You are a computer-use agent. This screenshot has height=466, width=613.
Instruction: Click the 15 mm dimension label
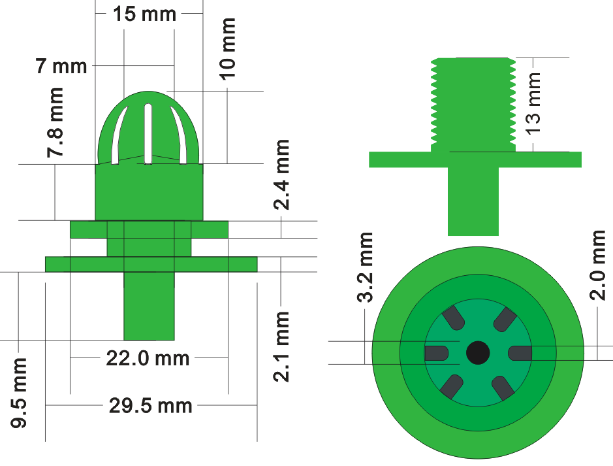(145, 14)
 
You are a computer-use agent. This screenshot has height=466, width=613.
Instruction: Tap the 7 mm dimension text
(61, 66)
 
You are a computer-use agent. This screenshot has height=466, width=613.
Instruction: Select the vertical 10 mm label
(228, 49)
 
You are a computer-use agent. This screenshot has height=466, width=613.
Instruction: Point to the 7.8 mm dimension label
(55, 123)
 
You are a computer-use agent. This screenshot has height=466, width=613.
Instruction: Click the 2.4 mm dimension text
(281, 175)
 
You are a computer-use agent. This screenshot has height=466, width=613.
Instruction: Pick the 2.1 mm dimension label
(281, 346)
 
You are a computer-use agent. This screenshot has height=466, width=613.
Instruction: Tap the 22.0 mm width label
(148, 358)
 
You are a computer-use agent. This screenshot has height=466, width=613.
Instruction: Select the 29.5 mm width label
(151, 405)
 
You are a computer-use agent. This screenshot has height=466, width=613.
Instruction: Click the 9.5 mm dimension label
(19, 393)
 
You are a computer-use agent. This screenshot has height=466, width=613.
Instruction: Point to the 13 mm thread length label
(533, 104)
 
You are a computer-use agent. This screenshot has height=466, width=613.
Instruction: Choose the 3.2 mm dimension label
(365, 267)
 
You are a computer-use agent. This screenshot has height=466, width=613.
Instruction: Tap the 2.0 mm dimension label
(597, 265)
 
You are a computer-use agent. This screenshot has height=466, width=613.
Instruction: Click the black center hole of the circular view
(478, 352)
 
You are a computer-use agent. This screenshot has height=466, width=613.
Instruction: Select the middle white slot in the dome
(148, 133)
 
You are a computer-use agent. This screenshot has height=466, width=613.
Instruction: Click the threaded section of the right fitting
(473, 105)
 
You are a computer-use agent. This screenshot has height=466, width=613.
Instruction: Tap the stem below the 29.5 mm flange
(149, 306)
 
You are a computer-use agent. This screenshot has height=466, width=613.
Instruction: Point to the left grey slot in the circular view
(436, 353)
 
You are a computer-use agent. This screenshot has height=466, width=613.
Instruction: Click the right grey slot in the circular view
(520, 353)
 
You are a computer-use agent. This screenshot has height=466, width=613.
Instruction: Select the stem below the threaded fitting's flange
(473, 201)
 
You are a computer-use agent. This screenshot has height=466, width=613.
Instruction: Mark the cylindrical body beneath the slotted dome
(149, 192)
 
